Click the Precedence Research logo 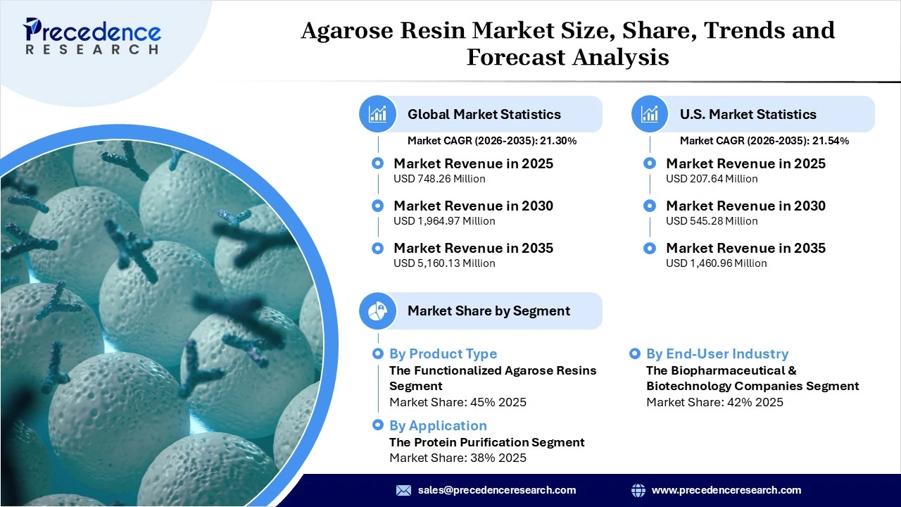tap(92, 35)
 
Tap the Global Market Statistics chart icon tap(378, 114)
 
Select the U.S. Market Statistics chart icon tap(650, 114)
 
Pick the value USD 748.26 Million tap(439, 179)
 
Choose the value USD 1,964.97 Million tap(444, 221)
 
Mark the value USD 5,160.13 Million tap(444, 263)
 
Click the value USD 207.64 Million tap(712, 179)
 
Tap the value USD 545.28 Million tap(712, 221)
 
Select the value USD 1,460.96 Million tap(716, 263)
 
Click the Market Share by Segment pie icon tap(378, 311)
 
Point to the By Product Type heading tap(443, 353)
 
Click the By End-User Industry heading tap(717, 353)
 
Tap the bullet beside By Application tap(378, 425)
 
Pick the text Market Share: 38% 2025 tap(458, 458)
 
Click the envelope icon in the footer tap(403, 490)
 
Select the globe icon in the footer tap(638, 490)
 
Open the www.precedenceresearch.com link tap(726, 490)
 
